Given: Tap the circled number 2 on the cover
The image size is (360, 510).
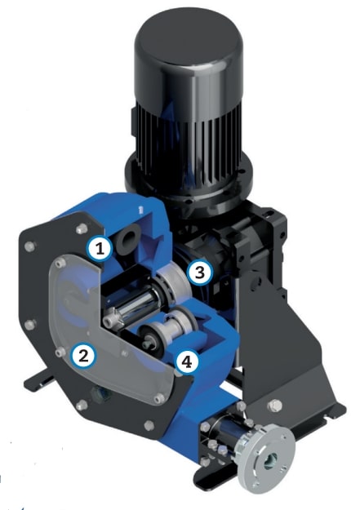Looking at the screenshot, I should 80,353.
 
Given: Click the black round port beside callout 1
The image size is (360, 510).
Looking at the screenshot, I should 129,240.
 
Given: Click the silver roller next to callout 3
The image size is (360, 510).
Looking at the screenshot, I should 174,279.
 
